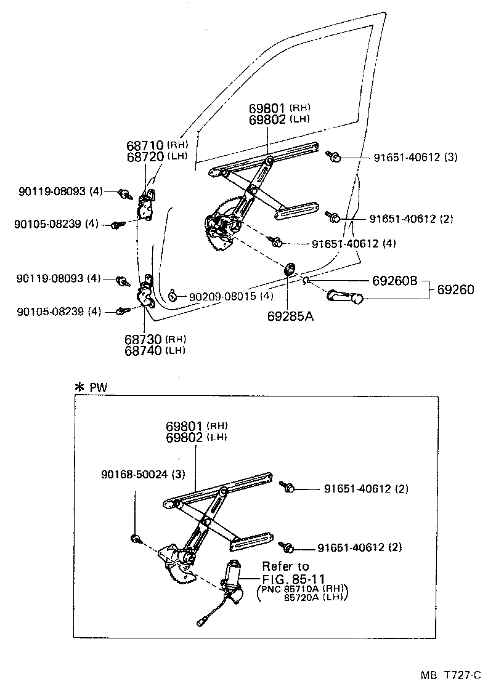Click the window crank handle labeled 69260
click(345, 296)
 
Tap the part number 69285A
click(290, 316)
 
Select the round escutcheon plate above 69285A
click(289, 268)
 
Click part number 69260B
click(394, 281)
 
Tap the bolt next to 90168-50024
click(136, 539)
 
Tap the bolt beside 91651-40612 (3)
click(335, 157)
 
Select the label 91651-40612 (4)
click(353, 243)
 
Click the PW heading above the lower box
click(97, 387)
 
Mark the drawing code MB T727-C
click(450, 675)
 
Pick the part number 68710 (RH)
click(157, 145)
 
